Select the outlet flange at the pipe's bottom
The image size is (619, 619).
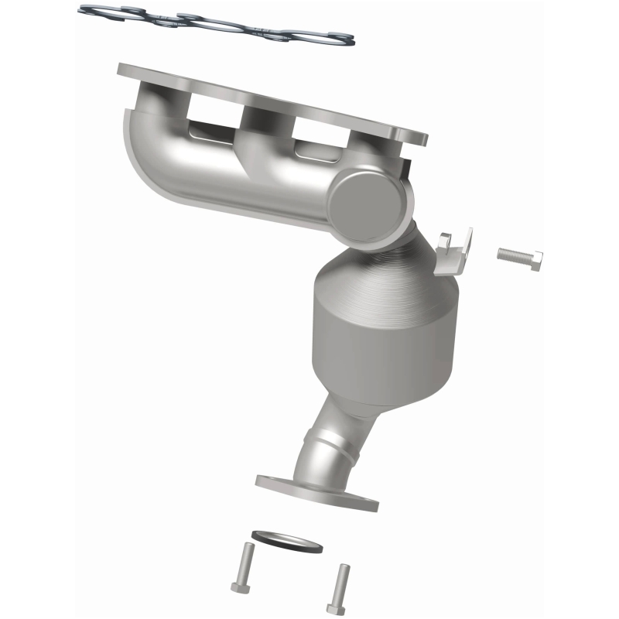tap(317, 491)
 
